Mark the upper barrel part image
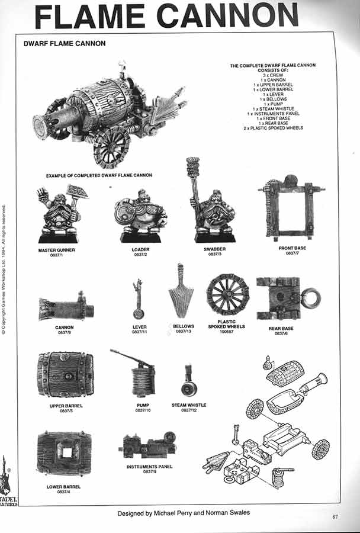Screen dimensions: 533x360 [65, 374]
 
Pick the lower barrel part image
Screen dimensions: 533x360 [64, 454]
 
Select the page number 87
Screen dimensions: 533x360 [335, 517]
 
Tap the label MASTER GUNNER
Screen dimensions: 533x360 [57, 250]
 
